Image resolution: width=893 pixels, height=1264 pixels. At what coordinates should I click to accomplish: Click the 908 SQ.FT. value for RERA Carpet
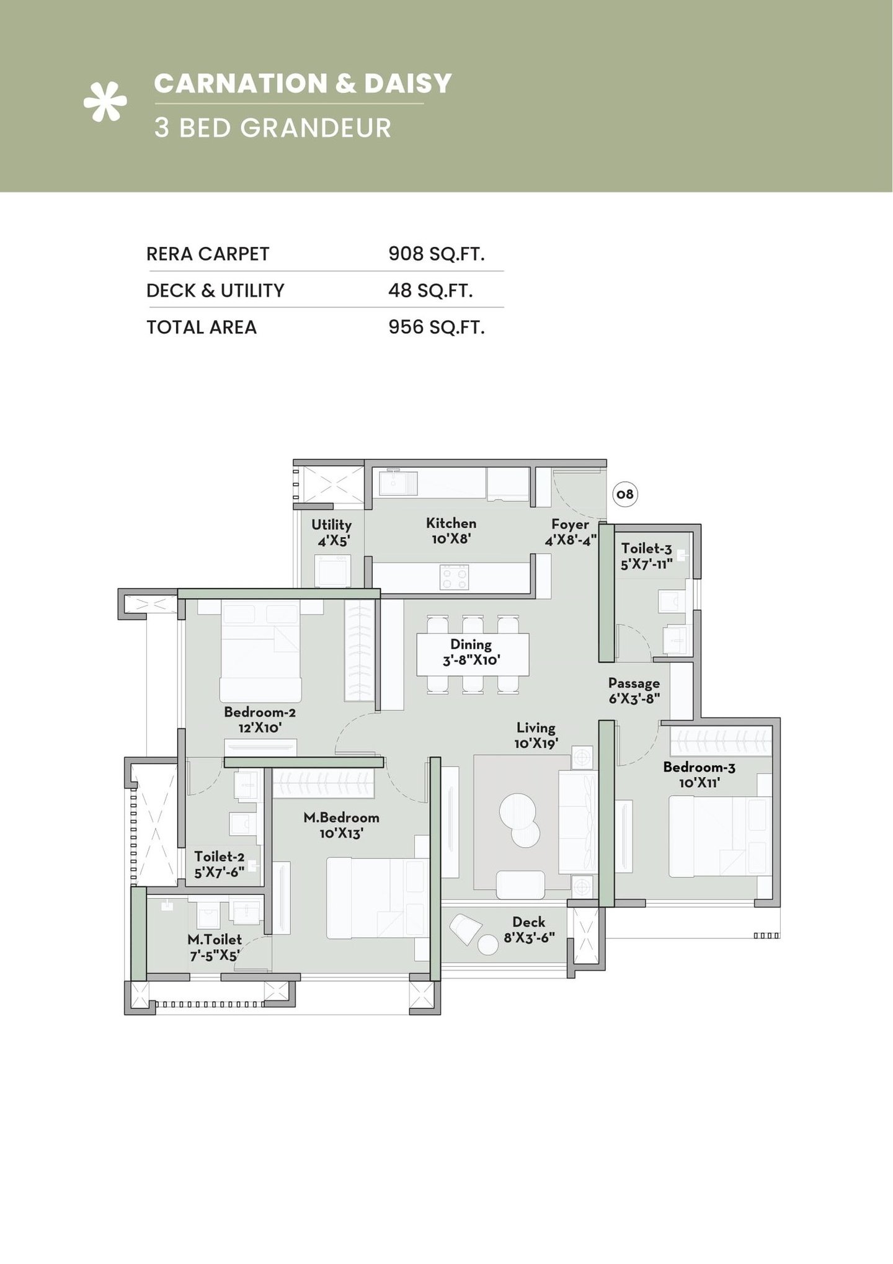[436, 254]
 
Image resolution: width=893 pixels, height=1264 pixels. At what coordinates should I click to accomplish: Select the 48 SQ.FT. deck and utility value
[430, 290]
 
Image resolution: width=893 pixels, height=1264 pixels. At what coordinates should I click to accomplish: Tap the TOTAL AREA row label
[202, 327]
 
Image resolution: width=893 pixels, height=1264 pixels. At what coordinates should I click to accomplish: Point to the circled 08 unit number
[625, 494]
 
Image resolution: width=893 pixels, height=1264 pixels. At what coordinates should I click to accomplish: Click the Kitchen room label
[451, 531]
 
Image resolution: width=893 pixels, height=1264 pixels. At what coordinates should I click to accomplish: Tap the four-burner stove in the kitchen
[454, 577]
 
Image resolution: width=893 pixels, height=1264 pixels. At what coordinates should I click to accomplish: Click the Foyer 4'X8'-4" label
[570, 532]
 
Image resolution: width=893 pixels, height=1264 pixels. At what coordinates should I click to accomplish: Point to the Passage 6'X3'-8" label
[634, 690]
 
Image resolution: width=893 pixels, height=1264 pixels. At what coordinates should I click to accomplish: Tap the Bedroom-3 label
[699, 775]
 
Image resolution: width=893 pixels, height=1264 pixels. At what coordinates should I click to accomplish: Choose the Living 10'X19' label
[536, 735]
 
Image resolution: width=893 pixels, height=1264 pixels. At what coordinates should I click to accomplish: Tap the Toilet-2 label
[219, 864]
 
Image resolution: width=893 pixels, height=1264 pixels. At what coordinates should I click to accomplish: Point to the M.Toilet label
[215, 947]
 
